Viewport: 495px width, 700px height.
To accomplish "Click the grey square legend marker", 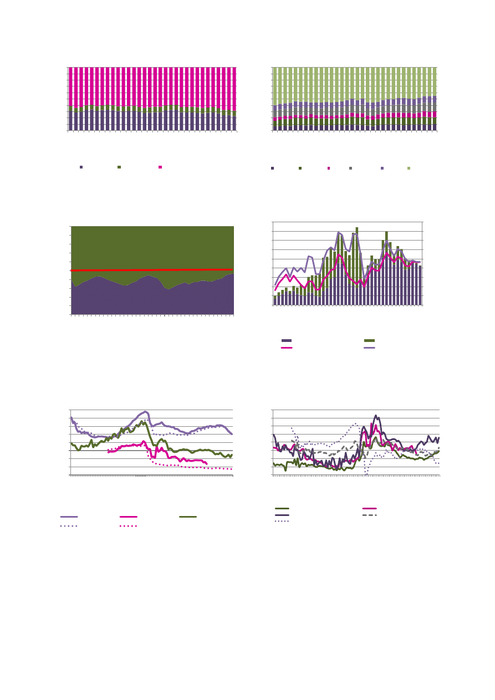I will pos(350,168).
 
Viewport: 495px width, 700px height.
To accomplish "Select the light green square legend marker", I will pos(409,168).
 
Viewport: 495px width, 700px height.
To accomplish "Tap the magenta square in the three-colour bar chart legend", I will pos(160,167).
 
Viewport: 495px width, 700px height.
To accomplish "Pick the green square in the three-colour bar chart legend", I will pos(119,167).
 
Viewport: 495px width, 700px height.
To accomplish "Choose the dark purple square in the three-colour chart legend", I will pos(81,167).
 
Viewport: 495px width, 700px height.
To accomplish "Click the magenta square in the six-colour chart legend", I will pos(329,168).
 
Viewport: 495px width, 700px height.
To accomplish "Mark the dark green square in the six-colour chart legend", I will pos(300,168).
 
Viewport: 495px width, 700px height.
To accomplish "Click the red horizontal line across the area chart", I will pos(152,269).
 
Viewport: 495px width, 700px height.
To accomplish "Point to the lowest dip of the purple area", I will pos(168,289).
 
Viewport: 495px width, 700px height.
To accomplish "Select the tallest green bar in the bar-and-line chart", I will pos(357,228).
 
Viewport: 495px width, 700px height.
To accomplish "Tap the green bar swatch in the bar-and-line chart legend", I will pos(369,340).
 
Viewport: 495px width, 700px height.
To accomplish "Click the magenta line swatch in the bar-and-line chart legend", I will pos(287,348).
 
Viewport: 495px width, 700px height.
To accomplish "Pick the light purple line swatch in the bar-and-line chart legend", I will pos(369,348).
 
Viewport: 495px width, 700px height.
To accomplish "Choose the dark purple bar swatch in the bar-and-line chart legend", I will pos(287,340).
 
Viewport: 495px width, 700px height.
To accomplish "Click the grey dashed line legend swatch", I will pos(369,515).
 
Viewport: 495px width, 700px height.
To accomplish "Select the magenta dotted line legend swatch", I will pos(129,525).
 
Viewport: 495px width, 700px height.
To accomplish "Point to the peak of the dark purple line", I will pos(376,415).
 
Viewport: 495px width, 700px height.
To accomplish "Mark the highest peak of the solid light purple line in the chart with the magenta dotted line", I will pos(145,411).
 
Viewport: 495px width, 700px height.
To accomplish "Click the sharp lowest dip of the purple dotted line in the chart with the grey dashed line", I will pos(366,474).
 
